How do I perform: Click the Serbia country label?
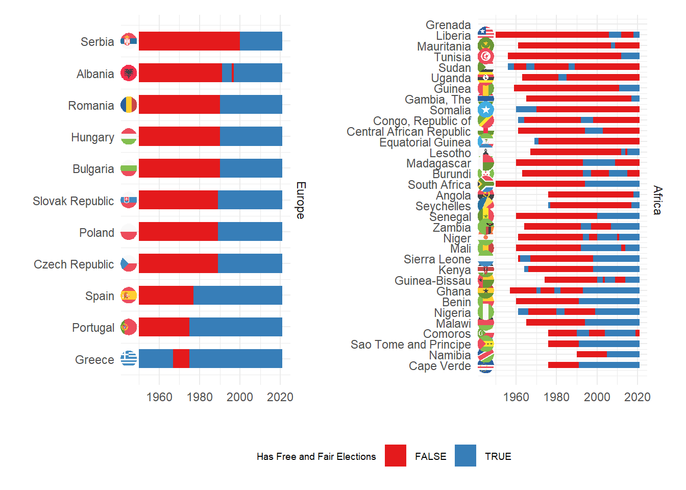97,42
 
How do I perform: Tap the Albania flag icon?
129,73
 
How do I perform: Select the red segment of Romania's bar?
179,105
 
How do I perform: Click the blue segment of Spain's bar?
237,296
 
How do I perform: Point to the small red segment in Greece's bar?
181,359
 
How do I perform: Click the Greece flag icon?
129,359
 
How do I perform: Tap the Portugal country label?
93,328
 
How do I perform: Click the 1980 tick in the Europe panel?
200,397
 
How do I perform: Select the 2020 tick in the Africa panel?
637,397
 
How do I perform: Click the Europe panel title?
301,200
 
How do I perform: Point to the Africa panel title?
657,200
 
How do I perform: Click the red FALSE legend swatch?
396,456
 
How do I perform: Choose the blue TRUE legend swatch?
465,456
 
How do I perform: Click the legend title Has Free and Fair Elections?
316,456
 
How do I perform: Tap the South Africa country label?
439,185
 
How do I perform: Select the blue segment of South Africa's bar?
612,184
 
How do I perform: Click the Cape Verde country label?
439,366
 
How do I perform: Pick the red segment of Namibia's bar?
592,354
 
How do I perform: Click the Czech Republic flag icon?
129,264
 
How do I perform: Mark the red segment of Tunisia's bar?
564,56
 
